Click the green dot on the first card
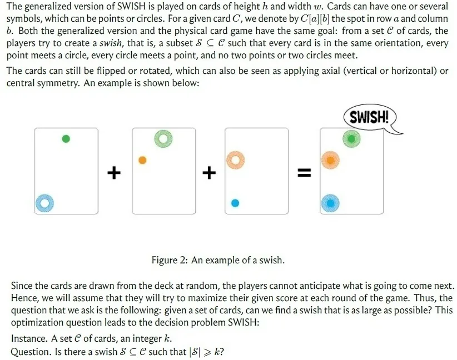[66, 139]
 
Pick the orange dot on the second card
[142, 160]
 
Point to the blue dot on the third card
[235, 203]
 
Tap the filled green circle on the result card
[351, 139]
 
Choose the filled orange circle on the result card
[330, 160]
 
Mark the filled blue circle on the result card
[330, 203]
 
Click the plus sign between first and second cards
[114, 173]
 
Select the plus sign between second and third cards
[209, 173]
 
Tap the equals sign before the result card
[304, 173]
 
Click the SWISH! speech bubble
[370, 117]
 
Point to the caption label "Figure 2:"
[170, 260]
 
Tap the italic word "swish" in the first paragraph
[111, 43]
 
